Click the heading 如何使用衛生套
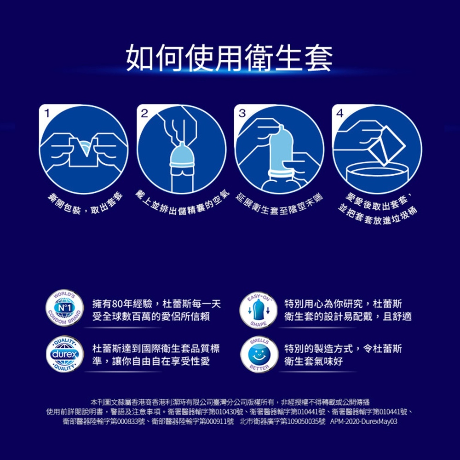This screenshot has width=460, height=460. pos(230,58)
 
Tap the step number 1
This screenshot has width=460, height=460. pos(47,113)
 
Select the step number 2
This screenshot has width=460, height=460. pos(144,113)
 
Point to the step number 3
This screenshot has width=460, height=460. pos(242,113)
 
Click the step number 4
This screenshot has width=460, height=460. pos(340,113)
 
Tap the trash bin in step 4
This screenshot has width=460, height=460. pos(377,176)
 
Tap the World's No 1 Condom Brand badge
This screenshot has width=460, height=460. pos(65,308)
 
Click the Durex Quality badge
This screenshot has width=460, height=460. pos(65,354)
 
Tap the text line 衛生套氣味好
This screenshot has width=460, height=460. pos(313,361)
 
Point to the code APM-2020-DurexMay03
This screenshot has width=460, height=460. pos(363,421)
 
